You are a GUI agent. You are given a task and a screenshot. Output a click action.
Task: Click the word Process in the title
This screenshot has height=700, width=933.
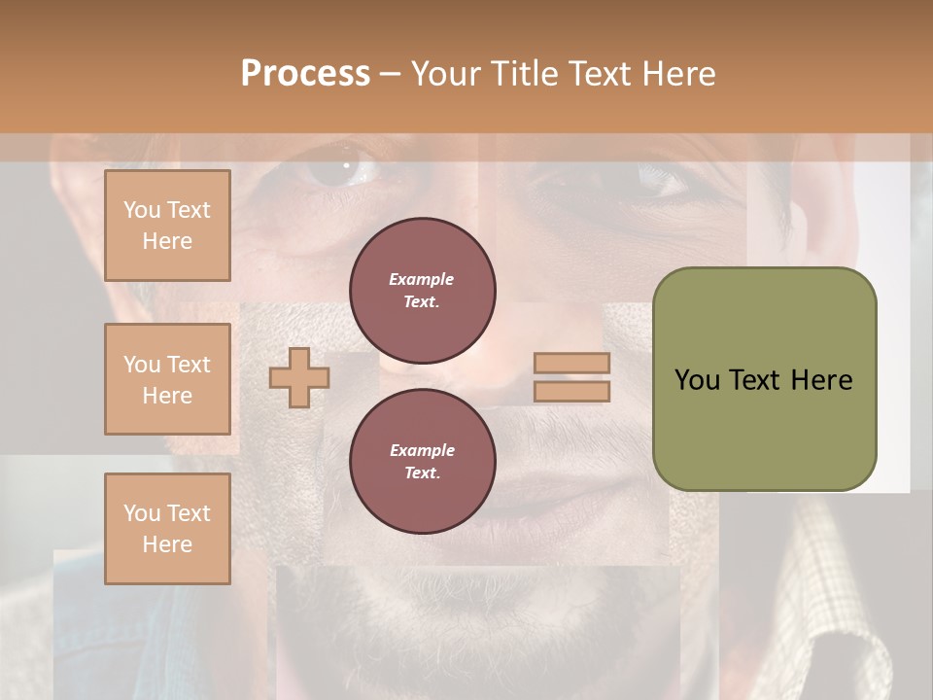[305, 73]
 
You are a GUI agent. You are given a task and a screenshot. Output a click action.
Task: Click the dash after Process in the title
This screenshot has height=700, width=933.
[391, 74]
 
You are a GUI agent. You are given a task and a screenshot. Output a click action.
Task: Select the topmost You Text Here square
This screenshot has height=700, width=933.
[167, 226]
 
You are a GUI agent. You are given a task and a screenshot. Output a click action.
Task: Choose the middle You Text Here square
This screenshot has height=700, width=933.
[167, 379]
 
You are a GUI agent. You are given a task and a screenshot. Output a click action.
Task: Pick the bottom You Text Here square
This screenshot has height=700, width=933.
[167, 529]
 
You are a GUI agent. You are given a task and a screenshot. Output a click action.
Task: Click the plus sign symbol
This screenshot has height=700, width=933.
[299, 377]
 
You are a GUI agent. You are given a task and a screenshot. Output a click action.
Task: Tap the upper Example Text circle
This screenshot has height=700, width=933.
[423, 291]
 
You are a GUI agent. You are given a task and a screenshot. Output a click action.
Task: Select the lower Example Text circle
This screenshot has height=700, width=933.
[423, 462]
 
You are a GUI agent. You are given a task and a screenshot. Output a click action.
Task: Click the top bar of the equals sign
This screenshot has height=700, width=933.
[572, 363]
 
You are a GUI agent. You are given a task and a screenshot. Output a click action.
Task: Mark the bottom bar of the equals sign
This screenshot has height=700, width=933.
[572, 392]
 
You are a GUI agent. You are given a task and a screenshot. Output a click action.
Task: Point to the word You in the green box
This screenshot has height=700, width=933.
[697, 380]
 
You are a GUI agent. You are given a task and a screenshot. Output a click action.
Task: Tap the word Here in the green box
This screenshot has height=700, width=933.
[821, 380]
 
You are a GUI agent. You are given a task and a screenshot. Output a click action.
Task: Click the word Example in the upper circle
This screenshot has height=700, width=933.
[422, 279]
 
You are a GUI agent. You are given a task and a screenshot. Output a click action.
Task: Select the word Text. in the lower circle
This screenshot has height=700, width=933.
[422, 473]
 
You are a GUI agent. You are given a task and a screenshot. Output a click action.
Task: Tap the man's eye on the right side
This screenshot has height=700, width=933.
[660, 179]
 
